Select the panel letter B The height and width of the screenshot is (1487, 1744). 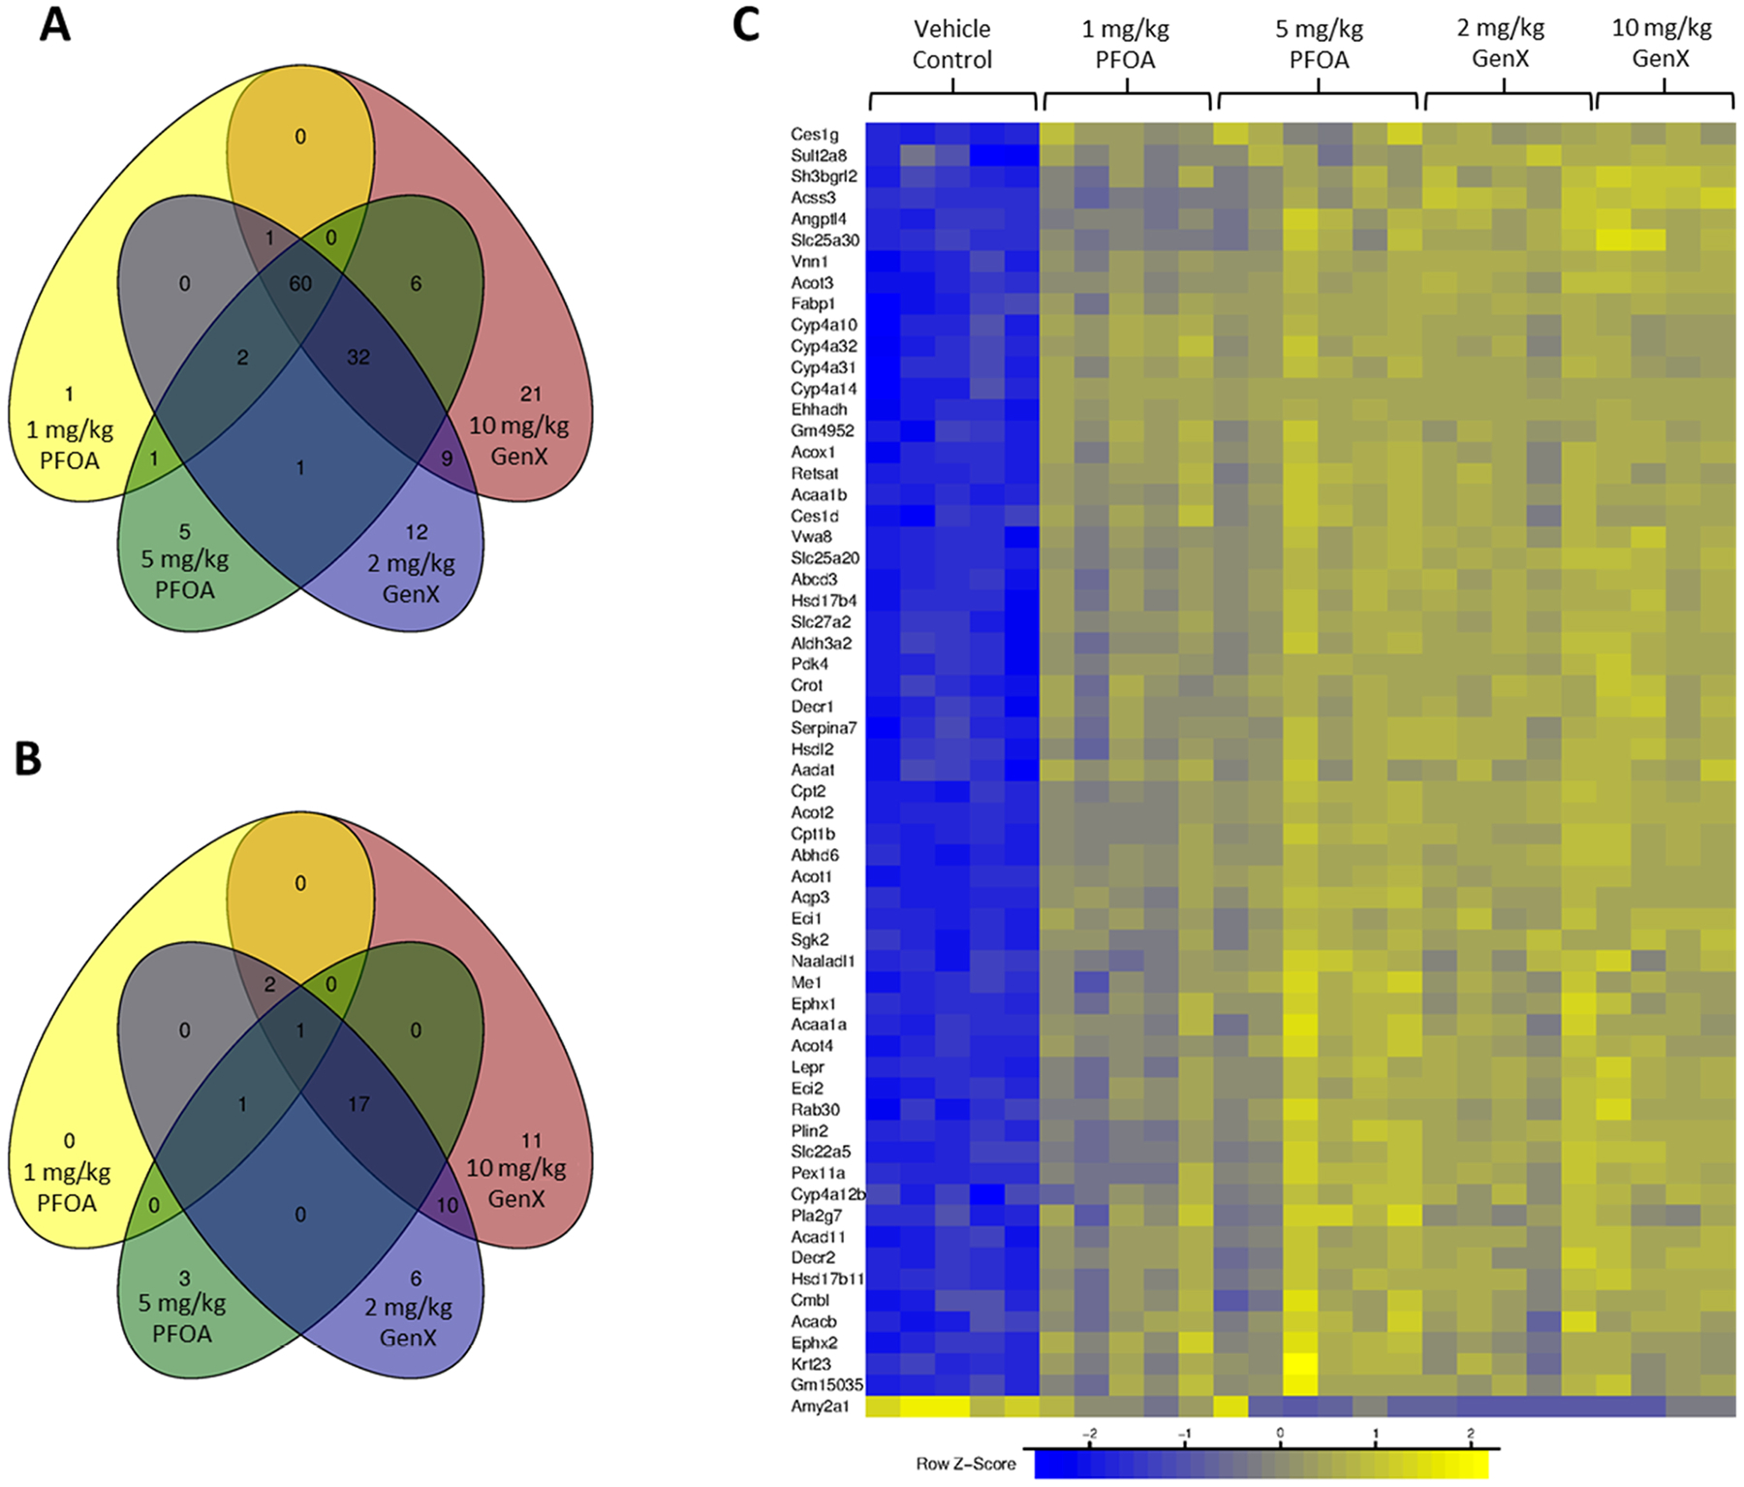(28, 760)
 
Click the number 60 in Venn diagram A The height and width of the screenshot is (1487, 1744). (300, 284)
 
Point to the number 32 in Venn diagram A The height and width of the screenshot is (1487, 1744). (358, 357)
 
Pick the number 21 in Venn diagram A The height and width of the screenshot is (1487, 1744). (531, 394)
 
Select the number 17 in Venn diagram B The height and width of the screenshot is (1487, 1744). (358, 1104)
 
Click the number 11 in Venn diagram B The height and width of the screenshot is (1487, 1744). (531, 1140)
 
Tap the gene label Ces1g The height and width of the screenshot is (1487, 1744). (815, 135)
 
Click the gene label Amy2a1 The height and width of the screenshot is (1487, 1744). (820, 1407)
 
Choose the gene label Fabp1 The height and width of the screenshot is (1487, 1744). (813, 304)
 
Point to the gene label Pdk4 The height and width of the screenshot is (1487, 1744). (810, 664)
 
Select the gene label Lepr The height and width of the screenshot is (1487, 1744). (808, 1067)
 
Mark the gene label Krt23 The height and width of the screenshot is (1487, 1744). (811, 1364)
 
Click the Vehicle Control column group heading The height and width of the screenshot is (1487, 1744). (952, 45)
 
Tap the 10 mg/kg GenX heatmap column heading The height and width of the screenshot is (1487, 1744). (1662, 44)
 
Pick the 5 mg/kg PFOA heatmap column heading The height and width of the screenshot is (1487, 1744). (1319, 45)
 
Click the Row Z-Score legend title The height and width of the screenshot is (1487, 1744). (966, 1464)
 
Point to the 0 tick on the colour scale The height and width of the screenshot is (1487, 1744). (1280, 1433)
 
